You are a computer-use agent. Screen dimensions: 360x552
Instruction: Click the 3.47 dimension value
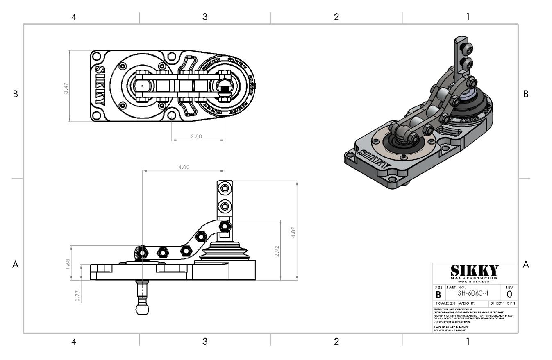pyautogui.click(x=66, y=88)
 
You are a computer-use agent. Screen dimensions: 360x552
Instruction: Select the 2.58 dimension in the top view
pyautogui.click(x=196, y=136)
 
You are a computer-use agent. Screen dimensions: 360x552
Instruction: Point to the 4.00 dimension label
pyautogui.click(x=184, y=167)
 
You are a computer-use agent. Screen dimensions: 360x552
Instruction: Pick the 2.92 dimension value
pyautogui.click(x=277, y=251)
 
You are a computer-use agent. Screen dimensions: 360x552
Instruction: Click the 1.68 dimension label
pyautogui.click(x=68, y=263)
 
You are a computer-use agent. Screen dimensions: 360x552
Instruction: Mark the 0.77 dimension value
pyautogui.click(x=77, y=296)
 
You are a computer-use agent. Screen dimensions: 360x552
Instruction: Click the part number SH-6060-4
pyautogui.click(x=473, y=293)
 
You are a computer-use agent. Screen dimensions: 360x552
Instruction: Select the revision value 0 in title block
pyautogui.click(x=509, y=294)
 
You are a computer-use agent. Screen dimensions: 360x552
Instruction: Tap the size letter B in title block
pyautogui.click(x=438, y=294)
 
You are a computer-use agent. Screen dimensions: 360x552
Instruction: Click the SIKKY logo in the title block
pyautogui.click(x=475, y=271)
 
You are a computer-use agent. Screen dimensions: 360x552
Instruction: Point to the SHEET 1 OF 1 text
pyautogui.click(x=503, y=303)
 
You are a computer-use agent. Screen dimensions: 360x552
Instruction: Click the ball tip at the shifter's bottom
pyautogui.click(x=142, y=308)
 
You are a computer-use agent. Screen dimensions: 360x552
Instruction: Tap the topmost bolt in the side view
pyautogui.click(x=225, y=188)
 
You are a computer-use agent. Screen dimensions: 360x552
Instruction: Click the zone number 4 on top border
pyautogui.click(x=74, y=17)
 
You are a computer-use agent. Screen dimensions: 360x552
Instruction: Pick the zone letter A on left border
pyautogui.click(x=15, y=265)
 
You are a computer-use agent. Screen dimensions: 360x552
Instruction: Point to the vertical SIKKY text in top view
pyautogui.click(x=100, y=86)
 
